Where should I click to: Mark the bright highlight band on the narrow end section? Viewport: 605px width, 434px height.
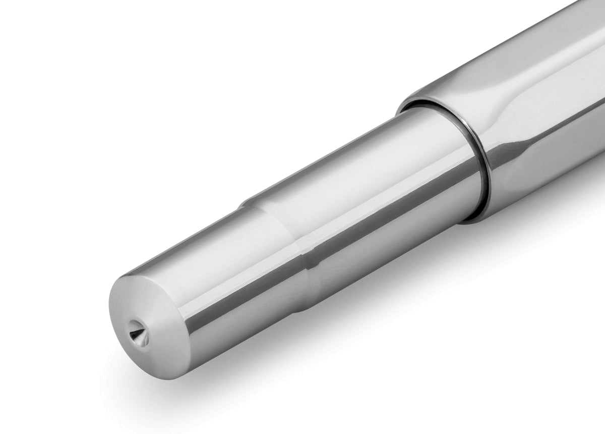pos(202,247)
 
